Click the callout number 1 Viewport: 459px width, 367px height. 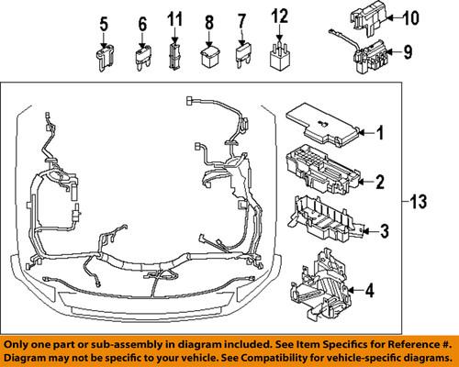[378, 134]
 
